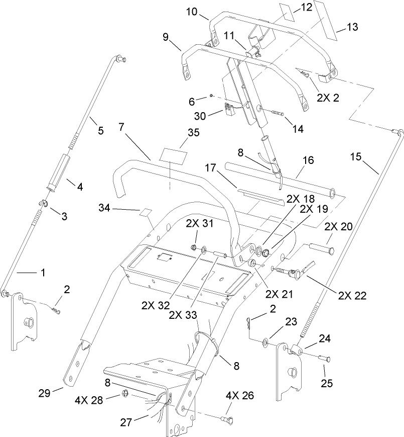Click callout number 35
(x=179, y=133)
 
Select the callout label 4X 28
(x=89, y=401)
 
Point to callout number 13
(x=352, y=27)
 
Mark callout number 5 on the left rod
(x=100, y=131)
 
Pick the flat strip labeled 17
(x=260, y=198)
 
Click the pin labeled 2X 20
(x=320, y=248)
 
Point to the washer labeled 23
(x=264, y=342)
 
